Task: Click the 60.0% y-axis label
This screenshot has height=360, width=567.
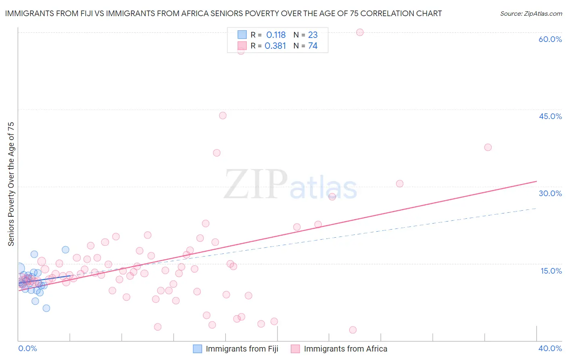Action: click(550, 39)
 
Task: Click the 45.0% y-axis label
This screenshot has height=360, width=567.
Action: click(550, 116)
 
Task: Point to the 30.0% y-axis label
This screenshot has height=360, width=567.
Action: click(550, 193)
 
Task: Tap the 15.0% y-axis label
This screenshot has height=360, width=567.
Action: click(551, 271)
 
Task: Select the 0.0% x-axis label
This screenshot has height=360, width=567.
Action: click(27, 348)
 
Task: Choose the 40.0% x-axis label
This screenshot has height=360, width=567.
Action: click(550, 348)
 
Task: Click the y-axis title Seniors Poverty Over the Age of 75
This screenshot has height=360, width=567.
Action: click(11, 184)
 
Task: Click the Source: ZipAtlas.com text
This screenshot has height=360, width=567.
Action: click(531, 14)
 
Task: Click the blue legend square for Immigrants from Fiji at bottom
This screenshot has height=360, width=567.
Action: click(197, 349)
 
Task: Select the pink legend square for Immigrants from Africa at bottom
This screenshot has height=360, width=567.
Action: click(295, 349)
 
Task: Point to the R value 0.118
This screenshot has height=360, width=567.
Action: click(276, 35)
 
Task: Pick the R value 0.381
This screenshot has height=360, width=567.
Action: click(275, 46)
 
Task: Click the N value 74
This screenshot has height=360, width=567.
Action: click(313, 46)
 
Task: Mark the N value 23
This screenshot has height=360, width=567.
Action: click(313, 35)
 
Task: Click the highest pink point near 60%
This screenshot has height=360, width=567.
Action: click(360, 32)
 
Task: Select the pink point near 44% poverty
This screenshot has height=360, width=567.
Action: click(223, 115)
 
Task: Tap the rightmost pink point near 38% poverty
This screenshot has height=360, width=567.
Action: click(488, 147)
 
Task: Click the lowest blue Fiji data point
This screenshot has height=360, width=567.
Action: click(46, 308)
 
